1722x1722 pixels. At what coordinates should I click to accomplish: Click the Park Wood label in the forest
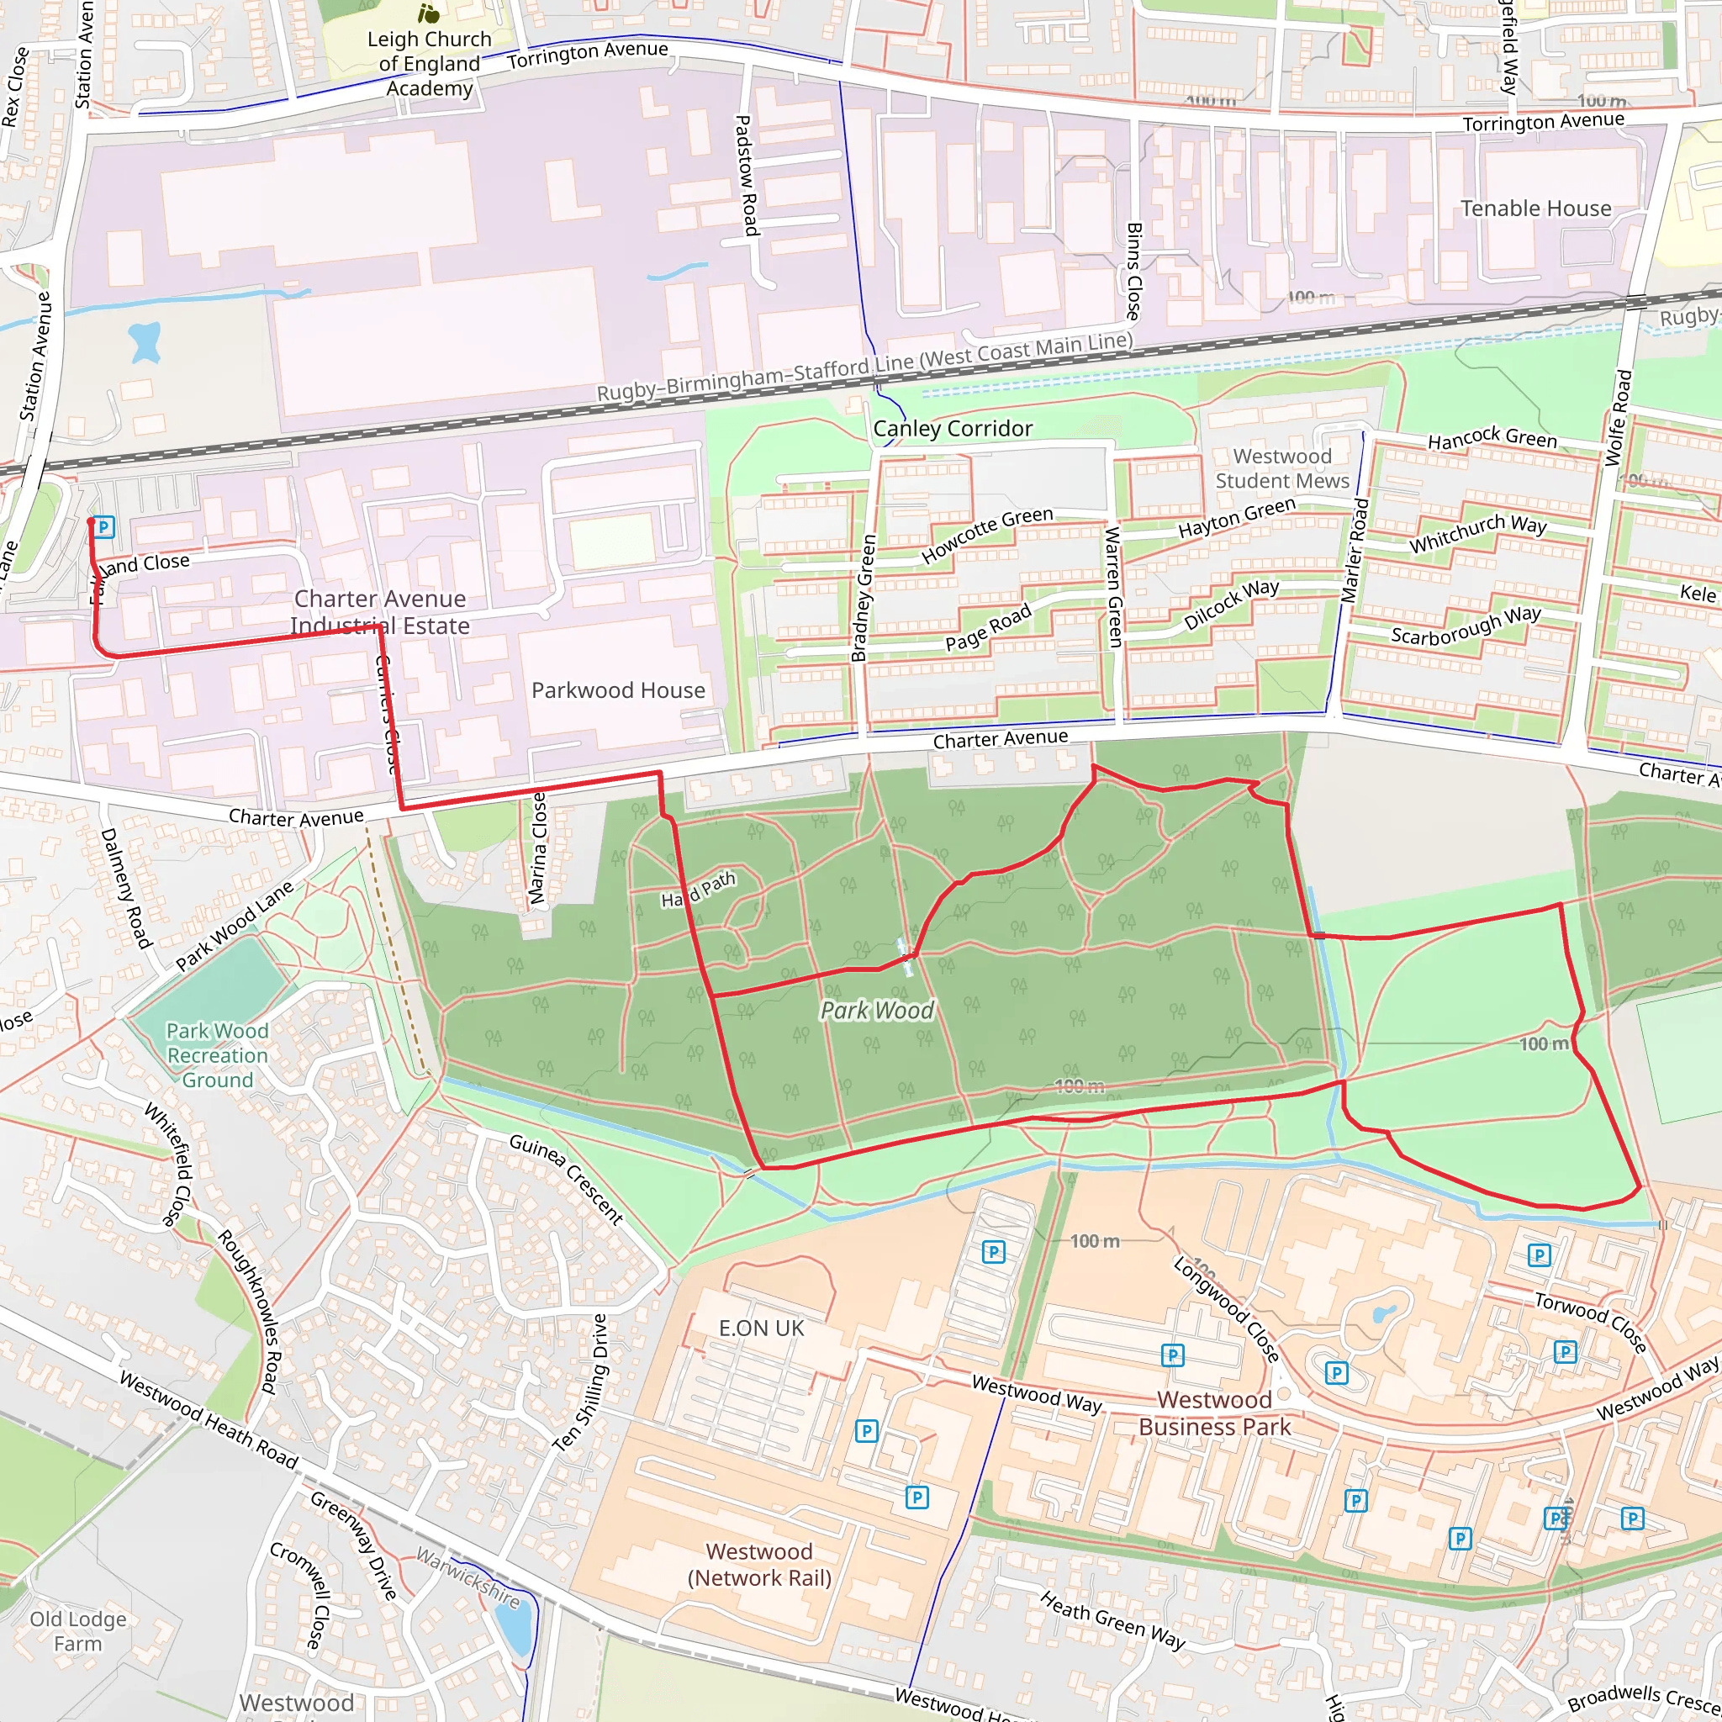tap(877, 1010)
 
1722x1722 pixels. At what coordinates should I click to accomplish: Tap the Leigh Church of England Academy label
tap(430, 63)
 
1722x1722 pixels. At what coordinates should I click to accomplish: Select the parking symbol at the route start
tap(104, 526)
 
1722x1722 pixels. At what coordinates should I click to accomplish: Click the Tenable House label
tap(1535, 209)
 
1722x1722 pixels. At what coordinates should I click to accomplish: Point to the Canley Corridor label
tap(953, 429)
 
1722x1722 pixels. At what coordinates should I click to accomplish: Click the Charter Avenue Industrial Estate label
tap(380, 612)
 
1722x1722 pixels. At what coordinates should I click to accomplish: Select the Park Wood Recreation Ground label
tap(218, 1055)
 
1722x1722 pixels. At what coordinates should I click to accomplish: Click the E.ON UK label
tap(761, 1328)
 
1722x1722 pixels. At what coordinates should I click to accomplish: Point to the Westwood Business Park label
tap(1214, 1413)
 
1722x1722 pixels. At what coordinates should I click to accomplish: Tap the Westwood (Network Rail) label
tap(758, 1564)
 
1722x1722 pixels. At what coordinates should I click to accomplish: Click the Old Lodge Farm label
tap(77, 1631)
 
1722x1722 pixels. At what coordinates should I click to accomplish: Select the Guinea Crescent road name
tap(566, 1178)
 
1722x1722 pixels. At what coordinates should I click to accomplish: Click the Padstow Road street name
tap(746, 176)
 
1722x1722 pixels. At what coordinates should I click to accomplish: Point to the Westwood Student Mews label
tap(1281, 469)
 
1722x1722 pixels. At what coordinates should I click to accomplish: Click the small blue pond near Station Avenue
tap(145, 342)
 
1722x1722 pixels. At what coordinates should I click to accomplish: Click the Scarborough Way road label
tap(1466, 625)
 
